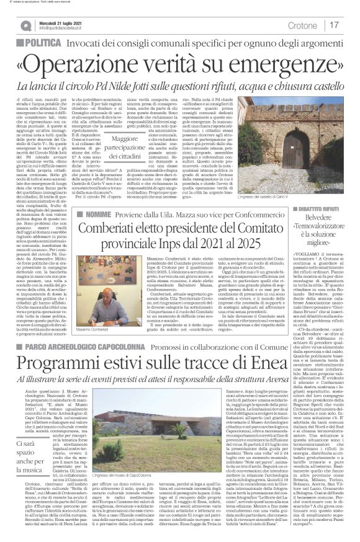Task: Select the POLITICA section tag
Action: [x=60, y=42]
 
